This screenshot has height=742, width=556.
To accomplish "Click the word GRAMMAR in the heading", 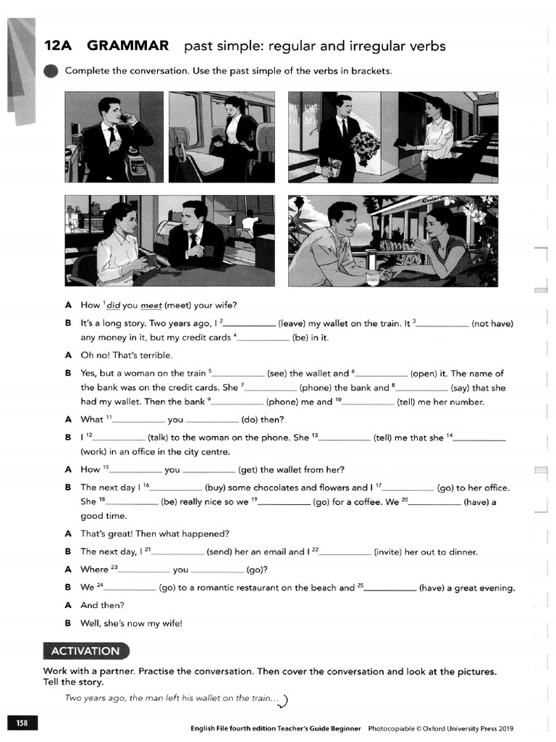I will tap(127, 46).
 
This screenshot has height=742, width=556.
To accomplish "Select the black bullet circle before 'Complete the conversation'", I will tap(51, 71).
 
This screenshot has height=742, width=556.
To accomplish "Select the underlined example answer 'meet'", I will tap(151, 304).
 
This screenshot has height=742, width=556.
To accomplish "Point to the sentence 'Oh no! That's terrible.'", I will tap(127, 355).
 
